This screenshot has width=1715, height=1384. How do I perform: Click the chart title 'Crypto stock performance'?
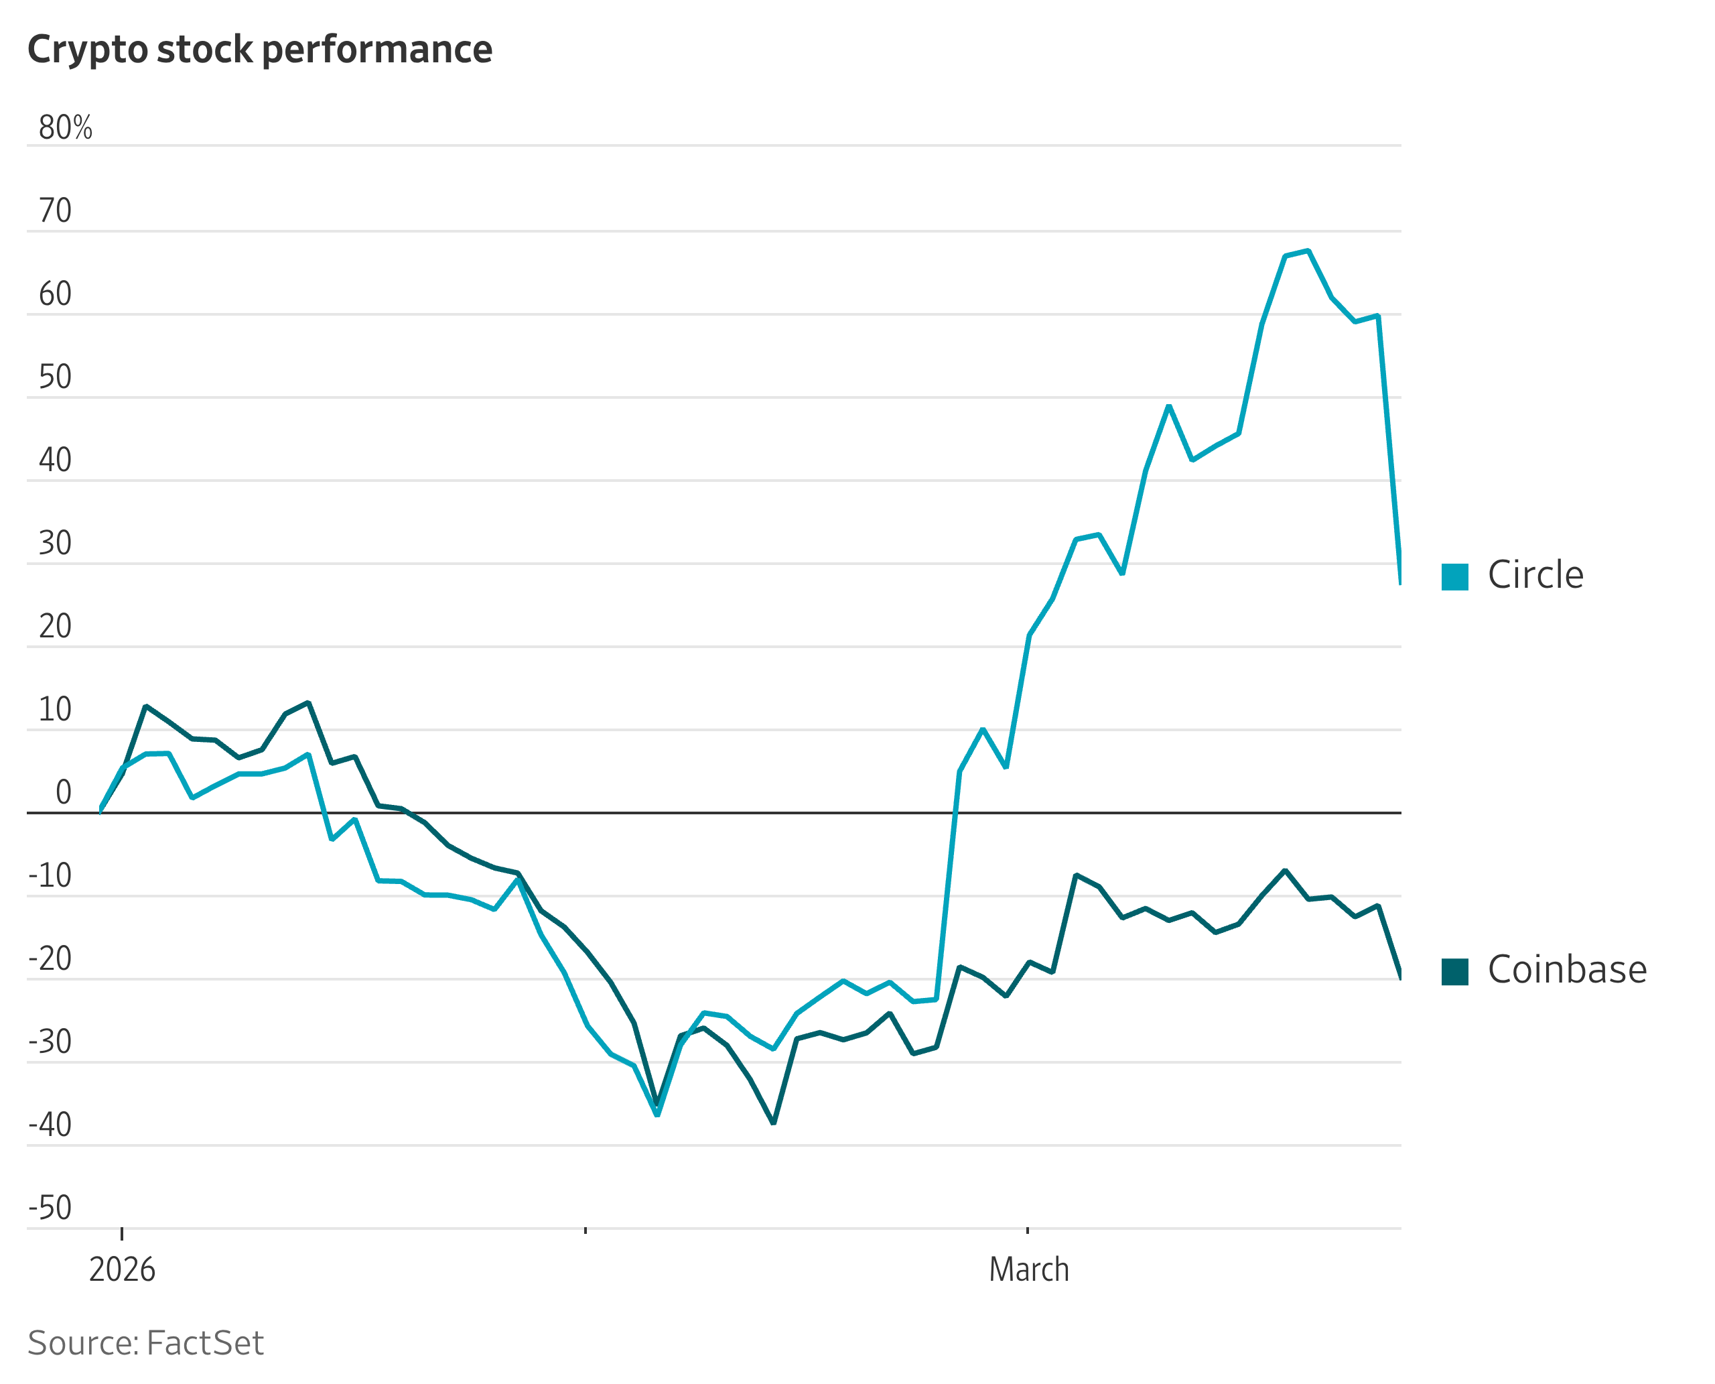(260, 50)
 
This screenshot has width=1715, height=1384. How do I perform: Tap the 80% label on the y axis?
(66, 127)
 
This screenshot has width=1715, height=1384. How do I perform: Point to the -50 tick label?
(50, 1208)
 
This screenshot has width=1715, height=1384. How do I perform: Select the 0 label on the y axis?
(64, 792)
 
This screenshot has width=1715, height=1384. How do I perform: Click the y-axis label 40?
(55, 460)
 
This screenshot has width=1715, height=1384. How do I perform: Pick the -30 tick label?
(50, 1042)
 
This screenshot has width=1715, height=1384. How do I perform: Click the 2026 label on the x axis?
(122, 1270)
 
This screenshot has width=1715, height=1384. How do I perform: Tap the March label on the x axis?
(1029, 1270)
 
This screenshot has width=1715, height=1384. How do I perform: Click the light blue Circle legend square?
(1454, 576)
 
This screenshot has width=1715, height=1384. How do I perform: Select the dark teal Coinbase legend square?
(1454, 971)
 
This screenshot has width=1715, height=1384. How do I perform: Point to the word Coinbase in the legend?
(1567, 969)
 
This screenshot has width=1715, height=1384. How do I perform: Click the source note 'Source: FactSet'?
(145, 1343)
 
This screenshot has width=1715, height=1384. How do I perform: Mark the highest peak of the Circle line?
(1308, 251)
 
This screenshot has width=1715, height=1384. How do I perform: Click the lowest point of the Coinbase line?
(773, 1123)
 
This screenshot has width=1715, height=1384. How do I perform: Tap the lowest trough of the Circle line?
(657, 1115)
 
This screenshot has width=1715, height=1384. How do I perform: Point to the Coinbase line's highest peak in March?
(1286, 871)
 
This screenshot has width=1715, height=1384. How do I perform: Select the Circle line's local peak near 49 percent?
(1169, 407)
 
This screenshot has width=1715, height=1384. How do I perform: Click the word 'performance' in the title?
(377, 50)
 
